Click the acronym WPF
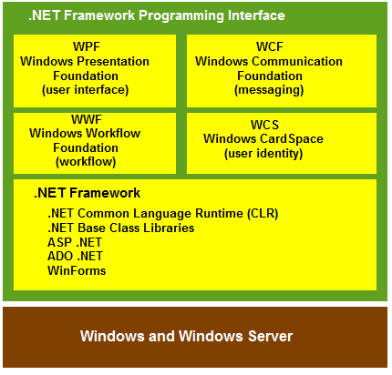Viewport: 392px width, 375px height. [x=87, y=46]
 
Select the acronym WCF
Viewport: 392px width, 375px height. [x=270, y=46]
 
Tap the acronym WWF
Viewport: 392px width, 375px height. [x=87, y=119]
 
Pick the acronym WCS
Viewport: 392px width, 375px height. [x=264, y=125]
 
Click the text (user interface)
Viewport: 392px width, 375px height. [x=86, y=90]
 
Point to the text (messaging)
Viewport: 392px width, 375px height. [x=269, y=90]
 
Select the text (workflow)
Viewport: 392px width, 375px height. [x=86, y=162]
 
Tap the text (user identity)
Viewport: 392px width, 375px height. [x=263, y=154]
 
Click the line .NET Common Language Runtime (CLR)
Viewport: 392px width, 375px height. [x=163, y=214]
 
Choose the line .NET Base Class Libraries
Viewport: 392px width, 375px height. [x=121, y=228]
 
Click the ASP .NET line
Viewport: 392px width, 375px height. [x=75, y=242]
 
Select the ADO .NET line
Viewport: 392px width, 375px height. [x=75, y=257]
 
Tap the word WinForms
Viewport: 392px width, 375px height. [x=77, y=270]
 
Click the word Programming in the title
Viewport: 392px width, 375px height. [x=181, y=15]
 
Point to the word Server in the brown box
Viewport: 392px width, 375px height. [x=270, y=336]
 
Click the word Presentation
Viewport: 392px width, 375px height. [x=113, y=61]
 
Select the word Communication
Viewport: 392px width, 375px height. [x=297, y=61]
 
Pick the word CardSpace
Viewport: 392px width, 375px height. [x=292, y=139]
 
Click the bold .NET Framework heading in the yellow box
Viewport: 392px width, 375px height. [x=87, y=193]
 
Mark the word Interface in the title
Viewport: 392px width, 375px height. [x=256, y=15]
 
